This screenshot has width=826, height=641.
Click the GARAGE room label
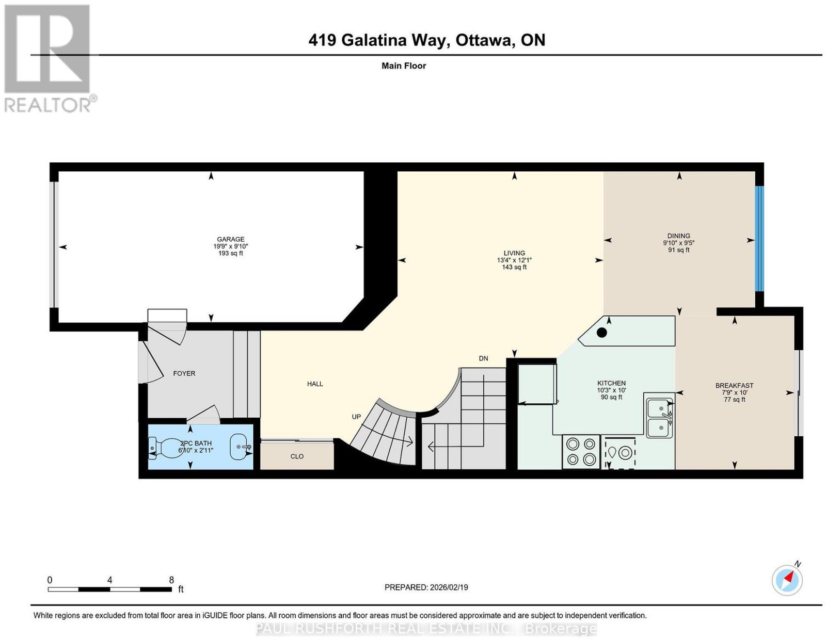point(230,239)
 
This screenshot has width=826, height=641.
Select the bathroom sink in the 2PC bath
point(241,447)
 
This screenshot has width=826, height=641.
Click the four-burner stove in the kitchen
point(581,452)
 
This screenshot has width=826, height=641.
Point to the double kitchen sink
point(659,416)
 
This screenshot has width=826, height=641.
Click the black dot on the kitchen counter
point(601,333)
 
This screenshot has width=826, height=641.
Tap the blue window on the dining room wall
point(759,238)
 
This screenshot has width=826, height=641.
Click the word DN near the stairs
point(483,358)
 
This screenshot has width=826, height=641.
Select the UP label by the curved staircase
point(356,417)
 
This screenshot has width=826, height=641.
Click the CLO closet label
point(297,456)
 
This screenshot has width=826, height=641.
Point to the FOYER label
point(184,373)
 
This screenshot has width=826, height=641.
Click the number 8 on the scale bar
point(171,580)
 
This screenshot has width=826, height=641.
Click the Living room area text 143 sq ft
point(514,267)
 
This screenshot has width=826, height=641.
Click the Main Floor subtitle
point(404,65)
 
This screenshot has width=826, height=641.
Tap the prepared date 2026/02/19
point(449,587)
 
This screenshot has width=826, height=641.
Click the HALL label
point(315,384)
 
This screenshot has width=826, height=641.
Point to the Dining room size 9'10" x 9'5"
point(678,242)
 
